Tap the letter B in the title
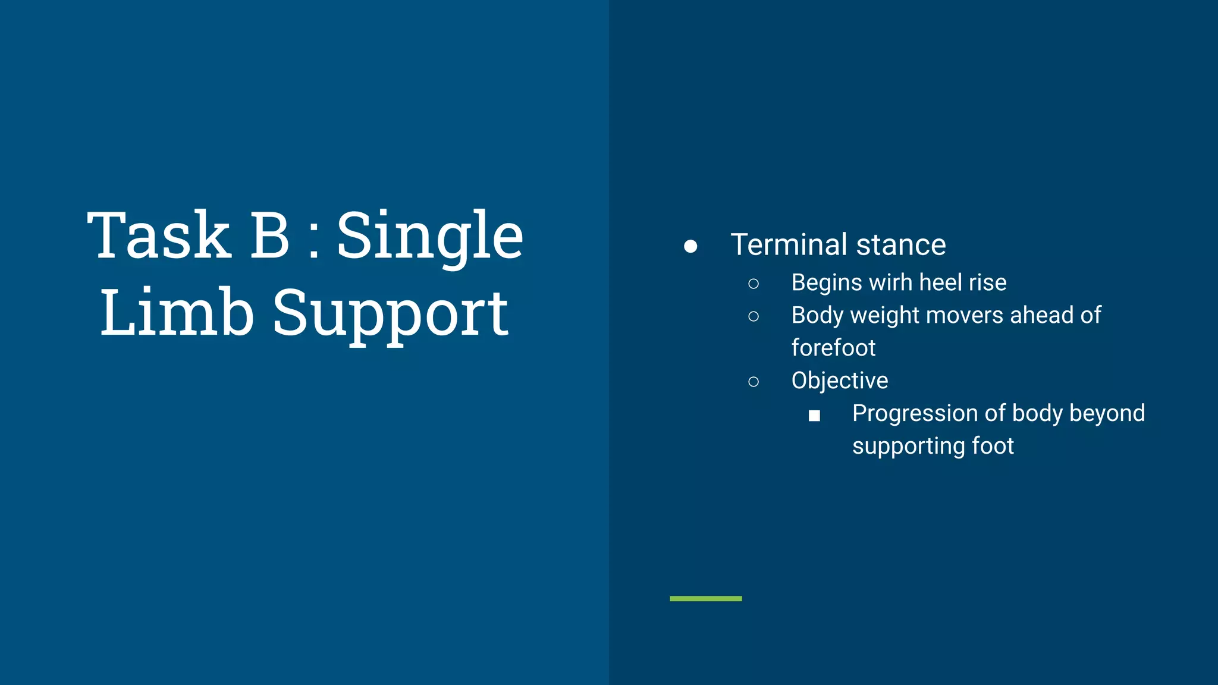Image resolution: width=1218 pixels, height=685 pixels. click(269, 236)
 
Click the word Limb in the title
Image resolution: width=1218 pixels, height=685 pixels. click(177, 313)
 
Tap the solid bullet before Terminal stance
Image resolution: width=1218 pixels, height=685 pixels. click(690, 246)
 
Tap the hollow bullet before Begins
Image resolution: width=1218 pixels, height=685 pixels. click(754, 284)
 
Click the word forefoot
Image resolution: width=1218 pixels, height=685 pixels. click(833, 348)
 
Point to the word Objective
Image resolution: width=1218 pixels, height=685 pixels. click(839, 381)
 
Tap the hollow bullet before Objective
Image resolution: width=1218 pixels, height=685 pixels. click(754, 382)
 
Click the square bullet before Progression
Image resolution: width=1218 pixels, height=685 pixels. click(814, 416)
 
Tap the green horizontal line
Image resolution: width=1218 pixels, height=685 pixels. click(705, 598)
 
